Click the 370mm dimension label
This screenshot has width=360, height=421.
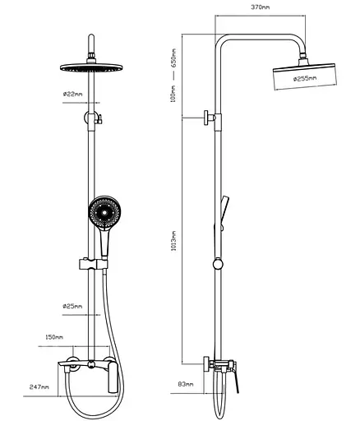261,7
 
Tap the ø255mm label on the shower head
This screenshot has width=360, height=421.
305,79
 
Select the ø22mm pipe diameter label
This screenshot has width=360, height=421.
72,94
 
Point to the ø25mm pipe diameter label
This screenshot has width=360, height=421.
72,306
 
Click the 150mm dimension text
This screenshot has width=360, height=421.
54,337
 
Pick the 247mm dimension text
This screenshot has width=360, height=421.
39,387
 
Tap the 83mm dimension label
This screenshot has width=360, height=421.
186,384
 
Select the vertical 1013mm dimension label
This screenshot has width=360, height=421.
173,241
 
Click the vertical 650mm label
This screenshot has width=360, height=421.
173,59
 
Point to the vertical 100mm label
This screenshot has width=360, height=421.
173,94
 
